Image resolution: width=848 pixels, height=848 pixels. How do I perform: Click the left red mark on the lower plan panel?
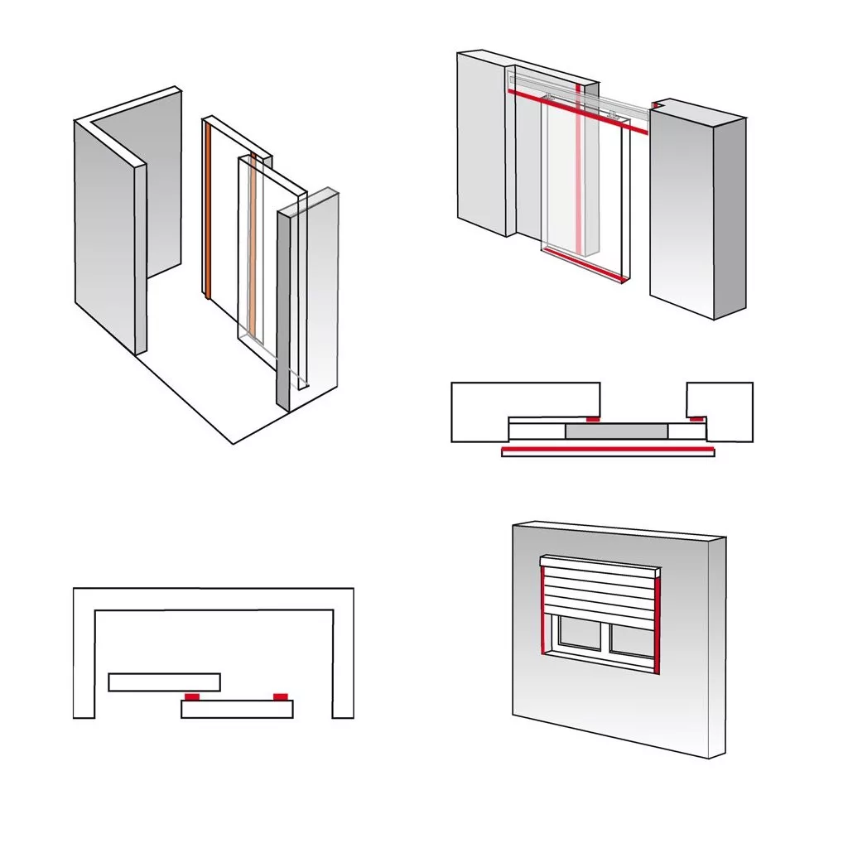(x=192, y=697)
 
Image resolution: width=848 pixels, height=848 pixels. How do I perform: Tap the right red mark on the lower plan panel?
(x=281, y=696)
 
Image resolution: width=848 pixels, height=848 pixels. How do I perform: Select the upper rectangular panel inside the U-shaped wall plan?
(x=164, y=682)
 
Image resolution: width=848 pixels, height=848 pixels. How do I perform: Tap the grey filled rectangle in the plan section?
(x=615, y=431)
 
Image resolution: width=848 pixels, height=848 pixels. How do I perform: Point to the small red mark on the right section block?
(x=697, y=419)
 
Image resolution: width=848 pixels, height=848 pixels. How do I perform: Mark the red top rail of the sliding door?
(x=576, y=110)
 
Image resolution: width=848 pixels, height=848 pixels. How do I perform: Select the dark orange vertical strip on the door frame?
(x=208, y=211)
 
